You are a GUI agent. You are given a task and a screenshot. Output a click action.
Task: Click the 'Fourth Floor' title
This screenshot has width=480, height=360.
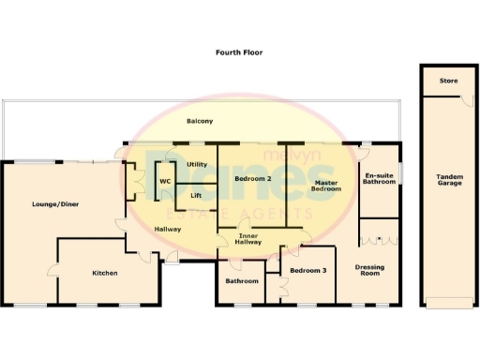point(239,52)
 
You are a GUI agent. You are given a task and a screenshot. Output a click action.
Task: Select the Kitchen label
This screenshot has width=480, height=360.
point(104,273)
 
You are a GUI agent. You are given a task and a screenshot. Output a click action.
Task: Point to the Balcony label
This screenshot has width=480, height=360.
point(199,122)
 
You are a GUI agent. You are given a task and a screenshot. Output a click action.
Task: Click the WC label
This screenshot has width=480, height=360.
point(164,180)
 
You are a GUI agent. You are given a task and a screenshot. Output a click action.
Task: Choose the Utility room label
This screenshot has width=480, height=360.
point(197,164)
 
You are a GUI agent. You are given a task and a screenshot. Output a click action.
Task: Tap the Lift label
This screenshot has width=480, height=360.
point(196,195)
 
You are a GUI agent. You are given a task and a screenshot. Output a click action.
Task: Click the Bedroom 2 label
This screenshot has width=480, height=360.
point(253,178)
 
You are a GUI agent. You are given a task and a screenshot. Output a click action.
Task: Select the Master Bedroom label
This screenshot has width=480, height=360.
point(326,186)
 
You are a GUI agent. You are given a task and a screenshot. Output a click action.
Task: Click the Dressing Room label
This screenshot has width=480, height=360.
point(369,271)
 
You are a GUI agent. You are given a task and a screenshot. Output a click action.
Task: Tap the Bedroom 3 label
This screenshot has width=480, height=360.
point(308,271)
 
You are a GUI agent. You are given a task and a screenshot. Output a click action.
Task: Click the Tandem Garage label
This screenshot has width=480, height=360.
point(449,180)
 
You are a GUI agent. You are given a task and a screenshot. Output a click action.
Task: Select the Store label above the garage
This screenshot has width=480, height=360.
point(449,82)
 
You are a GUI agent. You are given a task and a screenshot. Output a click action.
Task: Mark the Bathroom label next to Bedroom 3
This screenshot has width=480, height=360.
point(242,280)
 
